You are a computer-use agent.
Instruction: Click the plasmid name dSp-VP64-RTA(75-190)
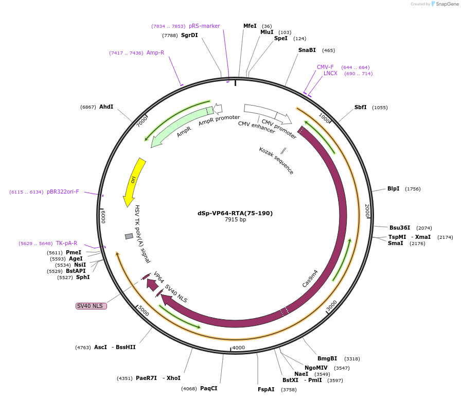235,213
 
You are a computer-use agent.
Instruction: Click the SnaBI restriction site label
307,50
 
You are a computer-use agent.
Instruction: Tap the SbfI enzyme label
361,107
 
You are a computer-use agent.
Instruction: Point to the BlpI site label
394,188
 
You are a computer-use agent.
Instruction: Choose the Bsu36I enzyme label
400,228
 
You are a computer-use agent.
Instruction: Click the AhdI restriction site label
107,107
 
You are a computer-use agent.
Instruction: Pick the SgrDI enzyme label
189,35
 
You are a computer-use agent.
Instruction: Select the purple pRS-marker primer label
204,26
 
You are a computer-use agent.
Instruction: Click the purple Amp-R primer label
155,53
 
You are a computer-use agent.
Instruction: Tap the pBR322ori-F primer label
63,192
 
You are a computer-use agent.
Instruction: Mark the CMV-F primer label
325,67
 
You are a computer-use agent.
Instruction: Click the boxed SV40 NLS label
91,306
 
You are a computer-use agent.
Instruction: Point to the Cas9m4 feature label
310,279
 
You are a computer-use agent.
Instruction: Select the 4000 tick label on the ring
239,348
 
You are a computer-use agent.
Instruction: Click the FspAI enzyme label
267,389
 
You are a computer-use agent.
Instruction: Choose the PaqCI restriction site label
209,388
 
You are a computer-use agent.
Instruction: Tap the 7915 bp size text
235,220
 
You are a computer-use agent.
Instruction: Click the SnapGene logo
445,4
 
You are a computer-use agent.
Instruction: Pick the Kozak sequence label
276,161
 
